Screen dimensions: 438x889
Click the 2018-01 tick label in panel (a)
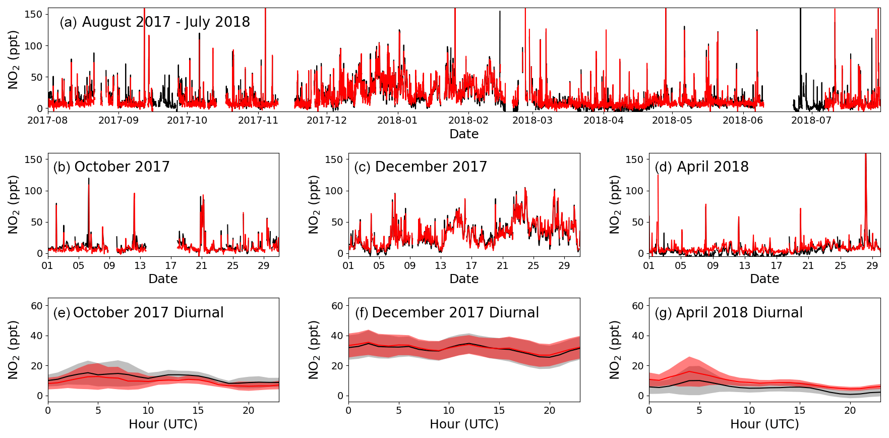[397, 120]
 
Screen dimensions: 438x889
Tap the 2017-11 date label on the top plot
[258, 120]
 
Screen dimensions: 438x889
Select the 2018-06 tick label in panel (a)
[742, 120]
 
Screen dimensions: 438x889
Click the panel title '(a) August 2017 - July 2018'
[154, 22]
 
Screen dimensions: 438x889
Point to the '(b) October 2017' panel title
[111, 167]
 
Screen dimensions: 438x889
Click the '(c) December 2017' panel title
[421, 167]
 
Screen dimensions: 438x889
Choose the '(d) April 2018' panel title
[701, 167]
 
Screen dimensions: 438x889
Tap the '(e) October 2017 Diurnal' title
[138, 313]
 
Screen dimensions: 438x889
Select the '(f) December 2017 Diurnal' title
[447, 313]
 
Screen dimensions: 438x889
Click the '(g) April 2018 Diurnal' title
[729, 313]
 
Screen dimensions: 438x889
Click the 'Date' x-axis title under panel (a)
[464, 134]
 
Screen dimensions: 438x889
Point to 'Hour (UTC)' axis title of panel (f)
[464, 424]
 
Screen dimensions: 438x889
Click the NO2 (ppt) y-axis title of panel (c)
[314, 204]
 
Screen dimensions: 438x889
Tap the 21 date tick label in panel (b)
[202, 265]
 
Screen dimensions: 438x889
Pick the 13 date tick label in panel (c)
[441, 265]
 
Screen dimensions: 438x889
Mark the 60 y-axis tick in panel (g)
[638, 306]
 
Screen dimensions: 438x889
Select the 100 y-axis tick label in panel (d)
[634, 191]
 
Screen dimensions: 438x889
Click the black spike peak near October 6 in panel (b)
[89, 179]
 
